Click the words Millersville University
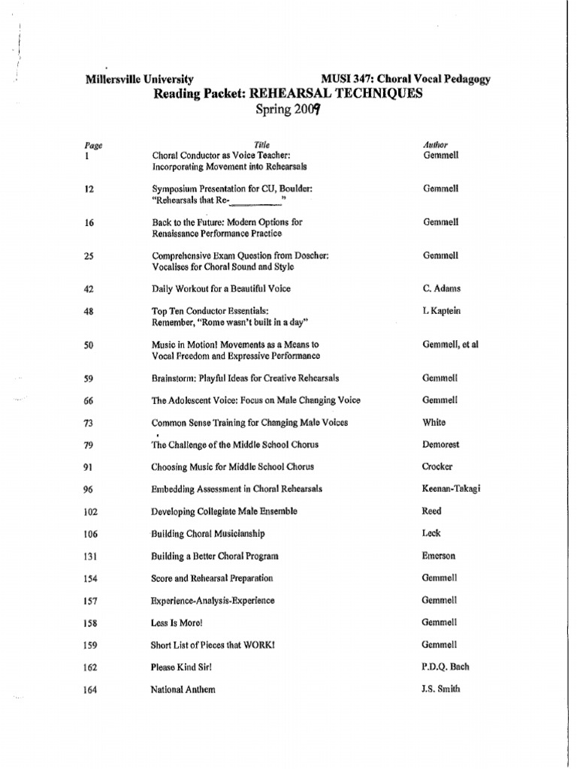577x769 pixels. [140, 79]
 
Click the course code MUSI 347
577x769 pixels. [345, 79]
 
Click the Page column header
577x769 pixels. [93, 146]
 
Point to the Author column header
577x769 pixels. [436, 144]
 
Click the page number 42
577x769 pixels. [89, 289]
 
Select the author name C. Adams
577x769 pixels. [442, 288]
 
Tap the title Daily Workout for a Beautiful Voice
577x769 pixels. [221, 288]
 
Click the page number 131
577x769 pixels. [92, 556]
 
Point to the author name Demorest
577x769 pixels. [441, 445]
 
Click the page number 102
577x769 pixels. [92, 511]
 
